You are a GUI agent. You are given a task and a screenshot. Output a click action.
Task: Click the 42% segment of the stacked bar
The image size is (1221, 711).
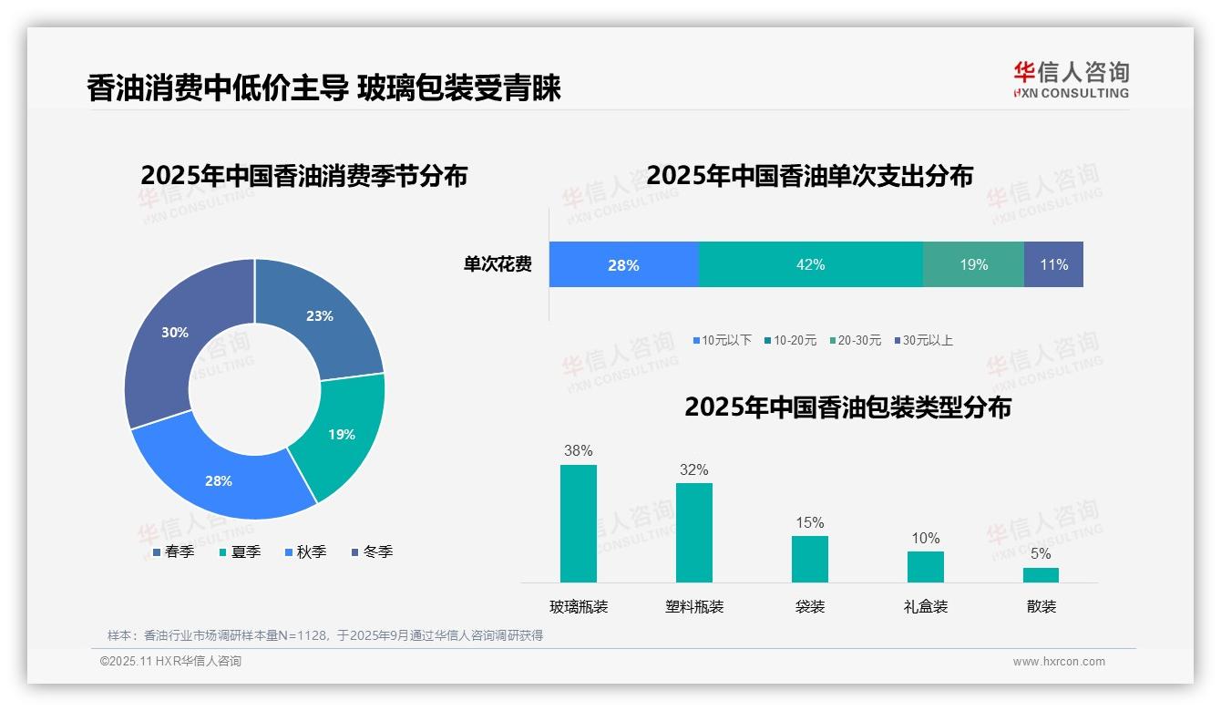click(810, 264)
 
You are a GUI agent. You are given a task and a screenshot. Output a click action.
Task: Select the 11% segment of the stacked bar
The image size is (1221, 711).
click(1053, 264)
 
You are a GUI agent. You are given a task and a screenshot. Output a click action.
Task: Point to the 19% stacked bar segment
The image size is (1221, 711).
click(973, 264)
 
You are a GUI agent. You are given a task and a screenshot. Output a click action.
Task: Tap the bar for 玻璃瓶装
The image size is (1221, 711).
click(578, 523)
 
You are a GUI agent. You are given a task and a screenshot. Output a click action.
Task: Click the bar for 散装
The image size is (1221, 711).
click(1041, 575)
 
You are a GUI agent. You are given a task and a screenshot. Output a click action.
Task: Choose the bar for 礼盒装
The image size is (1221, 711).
click(925, 567)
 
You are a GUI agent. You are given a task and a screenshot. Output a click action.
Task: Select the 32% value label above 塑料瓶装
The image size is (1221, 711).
click(693, 470)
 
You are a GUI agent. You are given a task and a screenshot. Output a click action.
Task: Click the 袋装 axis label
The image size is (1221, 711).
click(809, 607)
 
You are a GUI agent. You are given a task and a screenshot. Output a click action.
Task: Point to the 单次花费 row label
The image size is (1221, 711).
click(498, 265)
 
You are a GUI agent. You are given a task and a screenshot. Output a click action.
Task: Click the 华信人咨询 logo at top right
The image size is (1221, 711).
click(1071, 79)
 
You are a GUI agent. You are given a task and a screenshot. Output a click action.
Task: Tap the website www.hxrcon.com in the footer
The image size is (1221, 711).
click(1059, 662)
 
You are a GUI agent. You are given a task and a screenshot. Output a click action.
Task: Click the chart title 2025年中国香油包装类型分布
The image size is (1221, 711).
click(847, 407)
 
